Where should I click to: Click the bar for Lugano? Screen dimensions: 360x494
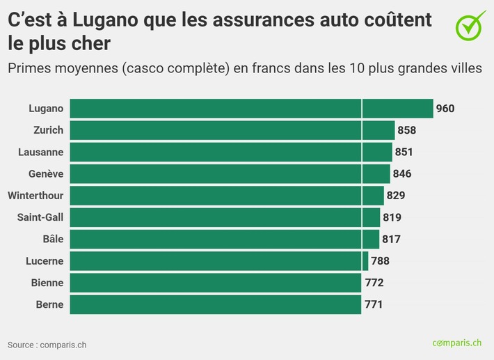[251, 109]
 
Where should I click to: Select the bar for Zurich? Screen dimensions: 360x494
[232, 130]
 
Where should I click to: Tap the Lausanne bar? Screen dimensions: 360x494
[231, 152]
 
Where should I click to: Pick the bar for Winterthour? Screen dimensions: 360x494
[227, 196]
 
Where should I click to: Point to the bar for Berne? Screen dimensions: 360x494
[216, 304]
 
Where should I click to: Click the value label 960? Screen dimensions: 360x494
[445, 109]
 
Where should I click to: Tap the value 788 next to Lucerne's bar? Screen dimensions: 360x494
[380, 261]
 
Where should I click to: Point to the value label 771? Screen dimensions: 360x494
[374, 304]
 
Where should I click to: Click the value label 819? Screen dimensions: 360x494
[392, 217]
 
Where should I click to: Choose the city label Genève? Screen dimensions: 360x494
[47, 174]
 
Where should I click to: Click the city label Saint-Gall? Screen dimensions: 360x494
[40, 217]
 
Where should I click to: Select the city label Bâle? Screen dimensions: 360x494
[53, 239]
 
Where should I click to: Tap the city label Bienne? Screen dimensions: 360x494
[47, 283]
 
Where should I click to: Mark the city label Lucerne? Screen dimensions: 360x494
[45, 261]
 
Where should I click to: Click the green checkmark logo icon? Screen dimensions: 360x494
[471, 24]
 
